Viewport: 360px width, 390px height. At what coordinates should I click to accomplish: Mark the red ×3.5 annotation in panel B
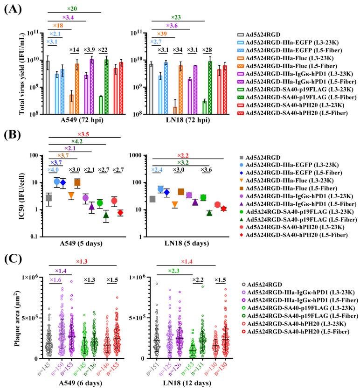tap(85, 135)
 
